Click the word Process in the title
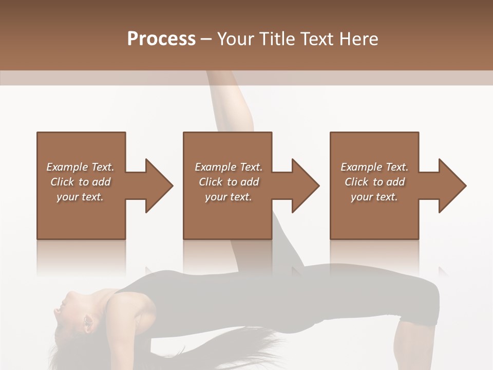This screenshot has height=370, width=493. [161, 39]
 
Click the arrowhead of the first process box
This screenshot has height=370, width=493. [159, 186]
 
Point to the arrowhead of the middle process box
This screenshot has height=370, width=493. [306, 186]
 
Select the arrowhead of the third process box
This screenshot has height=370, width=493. [452, 186]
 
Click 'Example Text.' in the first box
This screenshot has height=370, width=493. [80, 167]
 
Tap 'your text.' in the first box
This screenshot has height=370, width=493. [80, 197]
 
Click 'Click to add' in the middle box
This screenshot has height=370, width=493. [229, 182]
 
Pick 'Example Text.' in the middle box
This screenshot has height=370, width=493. [229, 167]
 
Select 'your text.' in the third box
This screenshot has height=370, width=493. [374, 197]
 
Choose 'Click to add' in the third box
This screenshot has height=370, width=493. [374, 182]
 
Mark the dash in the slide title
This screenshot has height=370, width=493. [206, 39]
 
